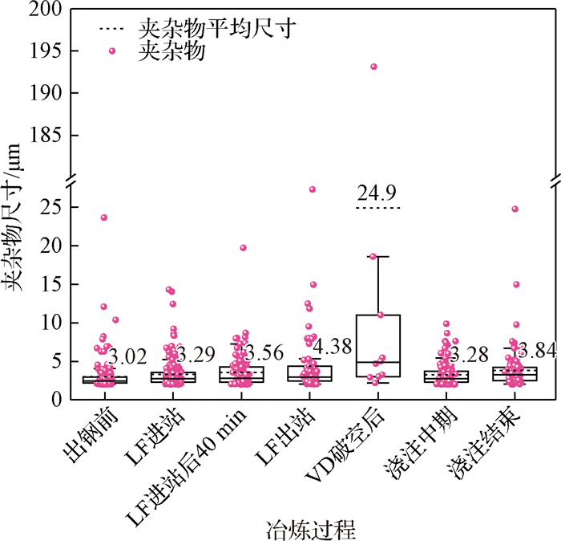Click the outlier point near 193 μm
pos(373,67)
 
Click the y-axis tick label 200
pos(46,10)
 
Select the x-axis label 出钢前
pos(86,434)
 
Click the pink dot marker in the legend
pos(111,51)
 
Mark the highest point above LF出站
pos(312,189)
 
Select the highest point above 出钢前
pos(104,218)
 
